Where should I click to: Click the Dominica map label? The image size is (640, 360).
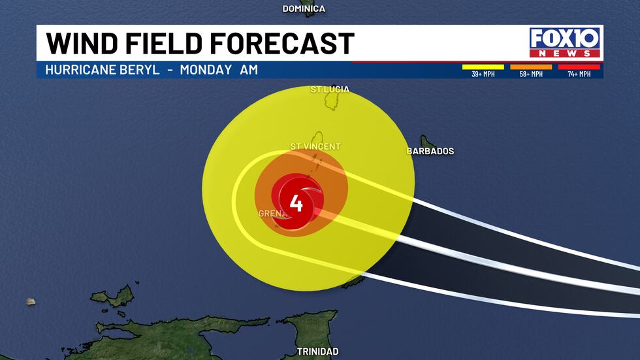[304, 8]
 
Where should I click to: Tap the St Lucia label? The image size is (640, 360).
[330, 89]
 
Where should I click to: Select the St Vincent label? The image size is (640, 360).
[315, 146]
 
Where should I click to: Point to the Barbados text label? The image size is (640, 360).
[430, 151]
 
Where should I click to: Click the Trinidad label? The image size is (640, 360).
[317, 352]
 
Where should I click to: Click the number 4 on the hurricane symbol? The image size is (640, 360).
[296, 205]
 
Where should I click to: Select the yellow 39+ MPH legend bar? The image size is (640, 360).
[483, 66]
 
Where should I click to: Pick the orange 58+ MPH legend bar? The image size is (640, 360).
[531, 66]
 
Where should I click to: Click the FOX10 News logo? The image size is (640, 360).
[565, 42]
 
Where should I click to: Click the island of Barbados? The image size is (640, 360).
[428, 142]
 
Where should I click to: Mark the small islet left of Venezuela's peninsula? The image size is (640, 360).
[30, 301]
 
